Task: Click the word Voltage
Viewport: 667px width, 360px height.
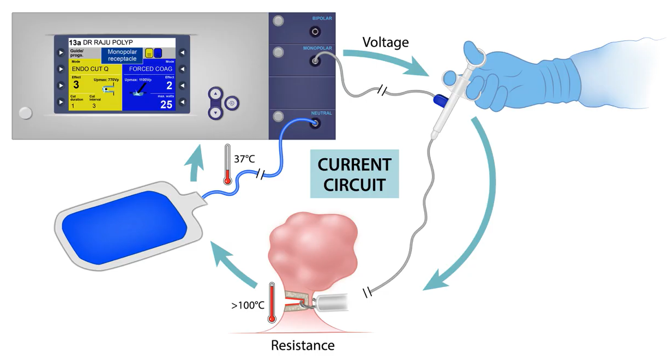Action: pos(386,42)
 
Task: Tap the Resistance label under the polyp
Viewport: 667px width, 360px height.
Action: pos(303,345)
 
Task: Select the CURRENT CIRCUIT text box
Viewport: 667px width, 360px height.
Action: pos(354,174)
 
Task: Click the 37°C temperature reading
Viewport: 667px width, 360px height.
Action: pos(244,159)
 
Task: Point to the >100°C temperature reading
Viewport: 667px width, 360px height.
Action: pos(248,305)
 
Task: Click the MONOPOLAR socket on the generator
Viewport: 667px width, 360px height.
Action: pos(315,62)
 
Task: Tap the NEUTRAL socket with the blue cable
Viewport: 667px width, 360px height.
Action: pos(315,124)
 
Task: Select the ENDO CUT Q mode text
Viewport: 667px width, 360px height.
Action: pos(90,69)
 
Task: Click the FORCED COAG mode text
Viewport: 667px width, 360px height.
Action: pos(151,69)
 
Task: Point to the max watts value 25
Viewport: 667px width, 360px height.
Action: pos(166,105)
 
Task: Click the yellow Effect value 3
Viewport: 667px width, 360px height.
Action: pos(76,85)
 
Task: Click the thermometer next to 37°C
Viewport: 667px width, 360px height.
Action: pos(227,164)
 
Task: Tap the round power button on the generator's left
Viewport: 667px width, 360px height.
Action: pos(25,113)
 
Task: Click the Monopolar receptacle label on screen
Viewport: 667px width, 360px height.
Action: pos(122,55)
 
